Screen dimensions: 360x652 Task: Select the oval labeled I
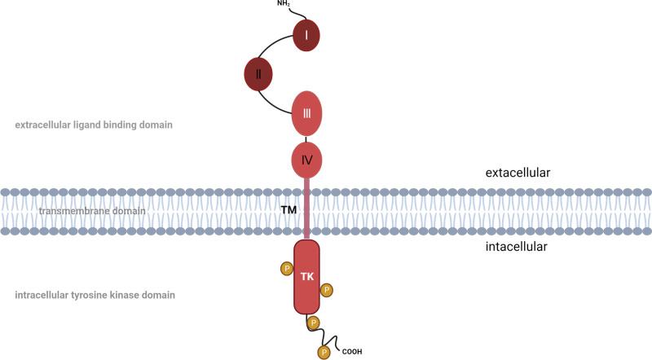tap(306, 35)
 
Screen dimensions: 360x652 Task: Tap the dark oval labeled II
tap(258, 74)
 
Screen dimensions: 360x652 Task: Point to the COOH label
tap(352, 352)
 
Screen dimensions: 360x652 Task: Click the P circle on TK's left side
tap(285, 268)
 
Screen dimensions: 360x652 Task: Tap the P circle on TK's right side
tap(326, 289)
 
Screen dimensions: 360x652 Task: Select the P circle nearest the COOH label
tap(324, 352)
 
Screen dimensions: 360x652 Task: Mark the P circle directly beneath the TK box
tap(312, 323)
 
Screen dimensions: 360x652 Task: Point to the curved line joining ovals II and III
tap(273, 102)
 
